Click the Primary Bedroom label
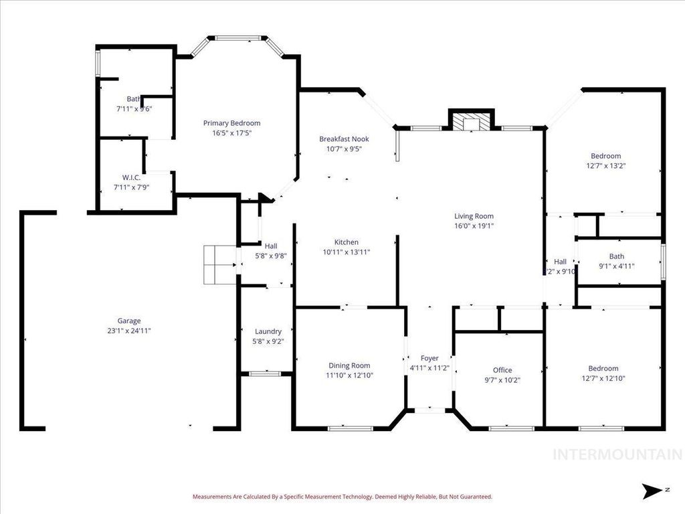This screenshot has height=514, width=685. pyautogui.click(x=231, y=123)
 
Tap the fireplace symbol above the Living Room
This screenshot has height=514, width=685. pyautogui.click(x=470, y=122)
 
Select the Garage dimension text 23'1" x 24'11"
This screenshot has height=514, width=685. pyautogui.click(x=130, y=331)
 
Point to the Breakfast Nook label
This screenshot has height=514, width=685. pyautogui.click(x=344, y=139)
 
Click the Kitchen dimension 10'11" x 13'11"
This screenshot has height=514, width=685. pyautogui.click(x=346, y=252)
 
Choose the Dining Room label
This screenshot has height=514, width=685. pyautogui.click(x=349, y=365)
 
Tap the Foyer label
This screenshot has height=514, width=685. pyautogui.click(x=429, y=359)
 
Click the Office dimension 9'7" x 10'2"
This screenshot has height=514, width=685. pyautogui.click(x=502, y=380)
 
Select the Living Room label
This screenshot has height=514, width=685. pyautogui.click(x=474, y=216)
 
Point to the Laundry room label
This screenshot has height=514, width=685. pyautogui.click(x=268, y=331)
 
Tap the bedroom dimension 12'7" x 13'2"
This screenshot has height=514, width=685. pyautogui.click(x=605, y=166)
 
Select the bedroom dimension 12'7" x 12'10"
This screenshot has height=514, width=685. pyautogui.click(x=603, y=378)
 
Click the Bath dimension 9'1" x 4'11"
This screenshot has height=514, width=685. pyautogui.click(x=616, y=266)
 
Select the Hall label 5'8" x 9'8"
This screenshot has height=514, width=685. pyautogui.click(x=270, y=256)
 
